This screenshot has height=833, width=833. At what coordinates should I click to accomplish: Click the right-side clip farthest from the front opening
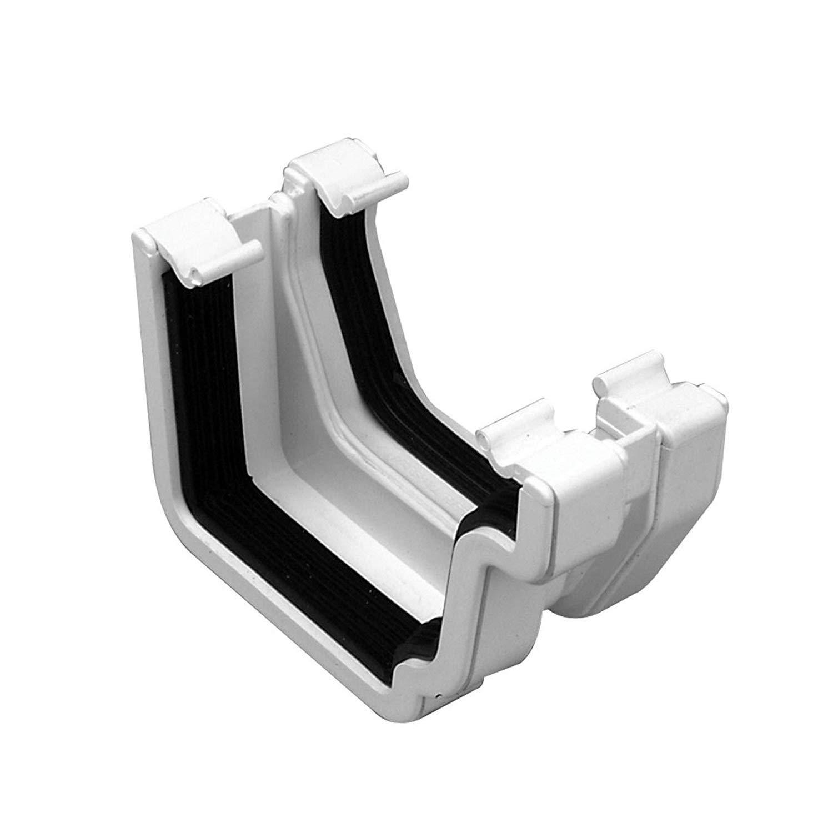pos(639,389)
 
